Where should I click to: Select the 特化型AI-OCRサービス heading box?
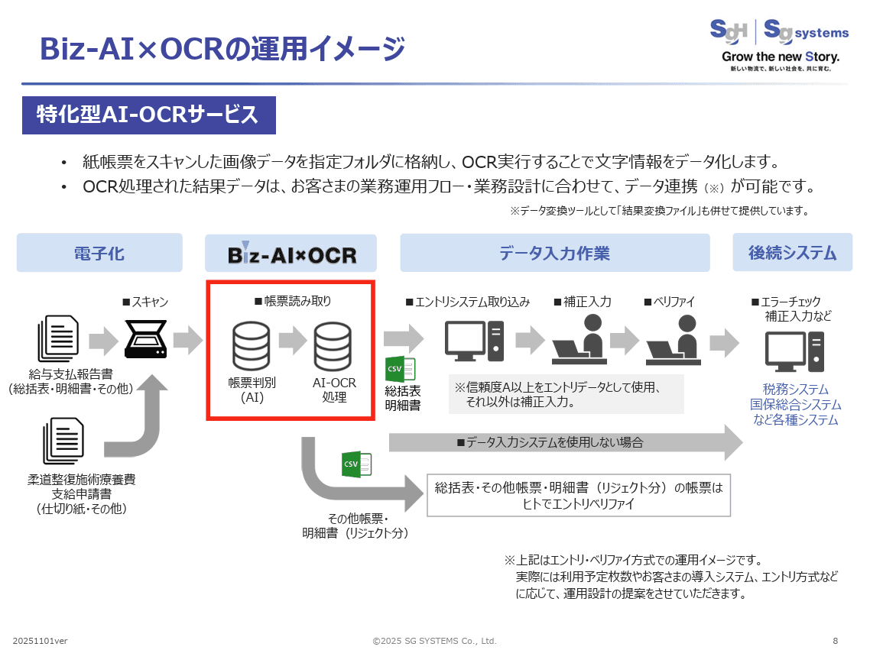(x=148, y=115)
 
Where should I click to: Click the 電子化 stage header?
(x=99, y=253)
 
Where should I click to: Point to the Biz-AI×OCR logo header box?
(x=291, y=254)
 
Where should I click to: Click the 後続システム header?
(x=792, y=252)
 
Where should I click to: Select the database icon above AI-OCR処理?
(x=334, y=345)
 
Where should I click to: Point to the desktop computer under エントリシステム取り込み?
(x=474, y=341)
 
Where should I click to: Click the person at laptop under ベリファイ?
(x=674, y=339)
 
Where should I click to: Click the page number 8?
(x=835, y=640)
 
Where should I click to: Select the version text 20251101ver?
(x=40, y=640)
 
